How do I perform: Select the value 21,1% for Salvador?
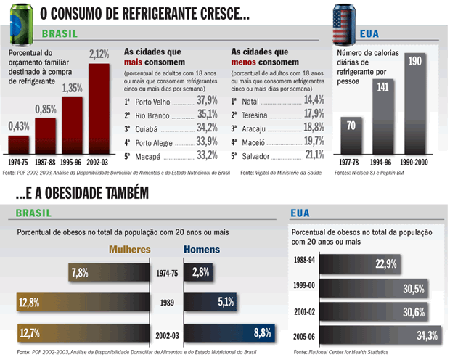(313, 155)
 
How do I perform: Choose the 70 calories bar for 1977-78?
(351, 136)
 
